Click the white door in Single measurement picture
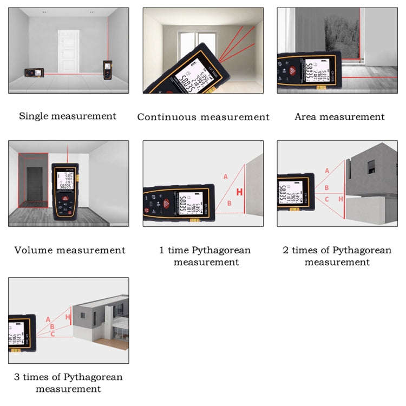[x=69, y=51]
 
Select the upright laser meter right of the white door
[x=107, y=68]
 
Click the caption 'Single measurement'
[x=68, y=116]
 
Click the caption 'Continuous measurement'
[x=203, y=117]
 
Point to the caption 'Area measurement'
[x=339, y=116]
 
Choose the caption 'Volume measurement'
[x=70, y=250]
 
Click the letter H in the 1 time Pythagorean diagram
[x=239, y=192]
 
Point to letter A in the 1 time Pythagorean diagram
[x=226, y=176]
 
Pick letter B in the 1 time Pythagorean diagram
[x=229, y=203]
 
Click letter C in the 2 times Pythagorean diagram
[x=326, y=199]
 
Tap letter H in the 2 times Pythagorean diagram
[x=340, y=199]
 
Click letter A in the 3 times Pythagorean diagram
[x=48, y=319]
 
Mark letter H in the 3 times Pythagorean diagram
[x=68, y=317]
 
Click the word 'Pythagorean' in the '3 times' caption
[x=93, y=377]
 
